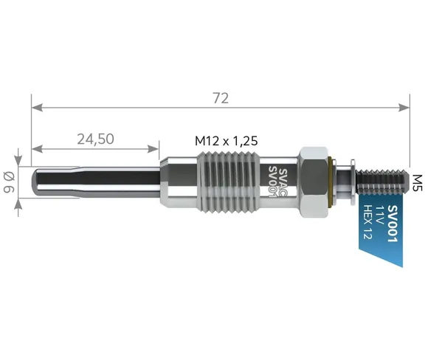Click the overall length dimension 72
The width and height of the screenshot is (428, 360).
coord(221,98)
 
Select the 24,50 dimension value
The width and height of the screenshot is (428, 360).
coord(95,139)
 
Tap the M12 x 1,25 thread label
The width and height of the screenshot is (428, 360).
coord(227,141)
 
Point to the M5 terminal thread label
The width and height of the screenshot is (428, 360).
coord(417,183)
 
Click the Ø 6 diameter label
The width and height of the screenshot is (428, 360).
coord(9,182)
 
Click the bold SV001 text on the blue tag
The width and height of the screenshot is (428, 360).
coord(393,224)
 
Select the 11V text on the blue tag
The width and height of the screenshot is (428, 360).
coord(380,215)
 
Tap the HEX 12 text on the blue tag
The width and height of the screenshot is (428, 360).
coord(368,222)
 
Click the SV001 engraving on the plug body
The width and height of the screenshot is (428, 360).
coord(274,181)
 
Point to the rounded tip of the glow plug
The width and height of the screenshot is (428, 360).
coord(35,182)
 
